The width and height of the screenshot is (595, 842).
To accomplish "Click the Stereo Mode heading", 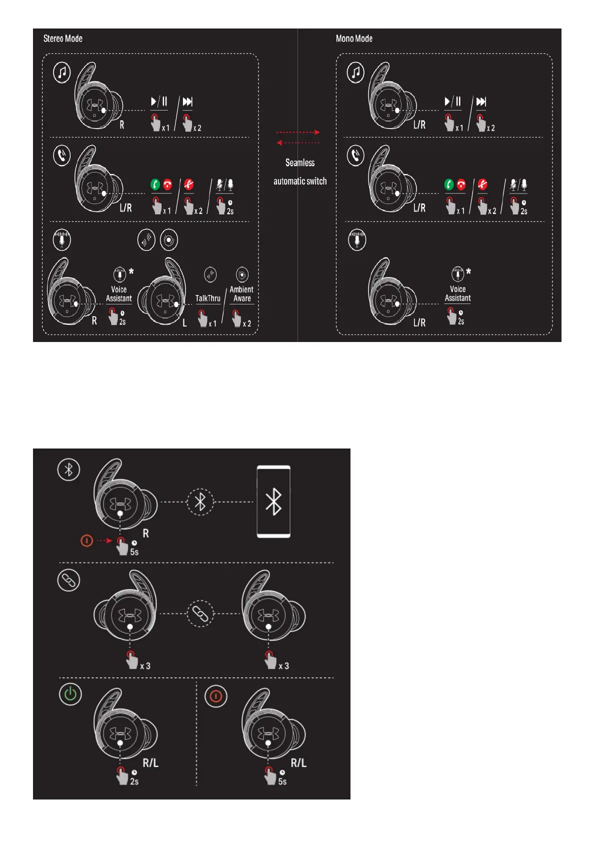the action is pos(63,38).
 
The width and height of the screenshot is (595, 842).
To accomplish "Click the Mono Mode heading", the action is pos(354,38).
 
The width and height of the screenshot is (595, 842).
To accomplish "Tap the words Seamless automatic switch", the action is pos(300,172).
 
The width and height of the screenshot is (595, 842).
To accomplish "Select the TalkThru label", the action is pos(207,298).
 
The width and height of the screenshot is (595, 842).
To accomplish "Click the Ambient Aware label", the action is pos(241,294).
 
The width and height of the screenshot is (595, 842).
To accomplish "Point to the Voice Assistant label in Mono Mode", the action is pos(457,293).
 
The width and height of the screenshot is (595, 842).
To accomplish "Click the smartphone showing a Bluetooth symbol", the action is pos(273,501).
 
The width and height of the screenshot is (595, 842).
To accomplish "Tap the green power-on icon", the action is pos(70,694).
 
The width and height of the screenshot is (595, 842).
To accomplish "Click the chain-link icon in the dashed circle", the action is pos(200,613).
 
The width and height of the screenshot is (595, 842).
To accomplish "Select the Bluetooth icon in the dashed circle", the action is pos(200,502).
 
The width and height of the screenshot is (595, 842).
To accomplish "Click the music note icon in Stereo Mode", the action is pos(62,72).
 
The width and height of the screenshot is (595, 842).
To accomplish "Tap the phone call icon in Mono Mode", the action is pos(355,156).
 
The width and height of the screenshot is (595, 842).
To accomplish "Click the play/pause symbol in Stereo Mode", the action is pos(158,101).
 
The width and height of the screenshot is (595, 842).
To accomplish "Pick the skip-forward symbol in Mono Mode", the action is pos(481,101).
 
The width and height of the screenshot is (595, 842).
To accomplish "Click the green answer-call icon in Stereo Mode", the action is pos(155,185).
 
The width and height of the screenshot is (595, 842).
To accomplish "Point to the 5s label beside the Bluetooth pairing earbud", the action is pos(134,552).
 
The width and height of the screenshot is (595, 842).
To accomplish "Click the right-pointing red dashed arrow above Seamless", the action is pos(298,132).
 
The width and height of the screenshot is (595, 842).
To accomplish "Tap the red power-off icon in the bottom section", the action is pos(216,696).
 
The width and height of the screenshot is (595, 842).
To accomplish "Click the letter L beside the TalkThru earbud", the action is pos(184,323).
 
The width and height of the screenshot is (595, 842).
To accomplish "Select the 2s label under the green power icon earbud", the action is pos(134,781).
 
